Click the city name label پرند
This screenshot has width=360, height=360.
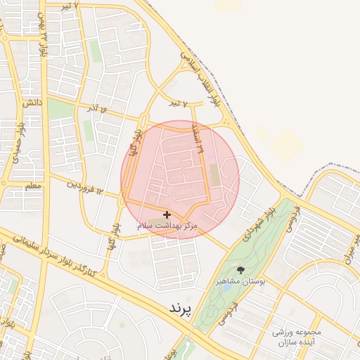[181, 309]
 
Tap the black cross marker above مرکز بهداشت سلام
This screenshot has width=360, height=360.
[167, 214]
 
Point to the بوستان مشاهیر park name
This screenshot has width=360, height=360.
[240, 281]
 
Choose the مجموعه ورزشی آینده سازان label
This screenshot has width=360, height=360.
[289, 337]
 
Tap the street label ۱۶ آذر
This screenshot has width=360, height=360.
[102, 111]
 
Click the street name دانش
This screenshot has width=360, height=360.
[30, 103]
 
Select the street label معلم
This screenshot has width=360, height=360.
[33, 186]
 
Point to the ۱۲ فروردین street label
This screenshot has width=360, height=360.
[85, 187]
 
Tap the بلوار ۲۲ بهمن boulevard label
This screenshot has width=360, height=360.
[44, 42]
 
